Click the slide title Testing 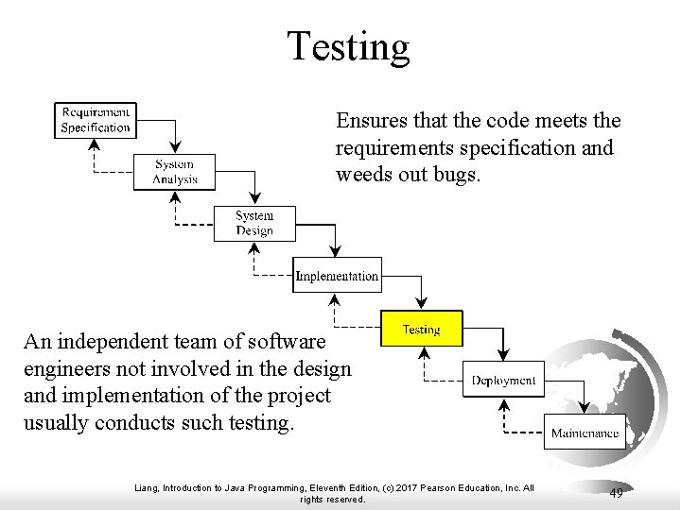click(349, 46)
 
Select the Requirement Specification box click(95, 119)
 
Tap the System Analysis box click(175, 171)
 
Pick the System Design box click(254, 223)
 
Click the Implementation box click(336, 276)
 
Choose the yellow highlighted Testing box click(421, 329)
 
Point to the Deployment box click(503, 381)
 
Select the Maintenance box click(585, 433)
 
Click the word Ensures click(364, 122)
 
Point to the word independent click(119, 339)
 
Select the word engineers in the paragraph click(58, 366)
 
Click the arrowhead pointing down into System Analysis click(175, 146)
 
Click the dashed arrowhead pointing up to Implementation click(333, 300)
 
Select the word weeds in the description click(361, 175)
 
